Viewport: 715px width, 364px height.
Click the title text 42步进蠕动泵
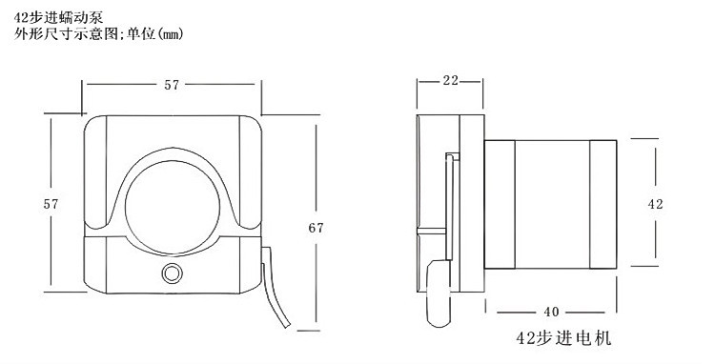59,18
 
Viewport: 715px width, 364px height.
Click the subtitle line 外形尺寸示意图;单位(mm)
98,34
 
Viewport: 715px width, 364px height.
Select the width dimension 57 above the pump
172,85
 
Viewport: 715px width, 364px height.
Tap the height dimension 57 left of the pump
51,205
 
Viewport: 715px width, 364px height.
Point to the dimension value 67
316,228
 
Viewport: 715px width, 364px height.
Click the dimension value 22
451,81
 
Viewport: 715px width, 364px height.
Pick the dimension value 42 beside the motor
655,205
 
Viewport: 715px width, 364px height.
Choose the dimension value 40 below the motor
551,312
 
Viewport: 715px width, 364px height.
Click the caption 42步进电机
563,338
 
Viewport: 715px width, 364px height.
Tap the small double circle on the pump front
172,273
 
